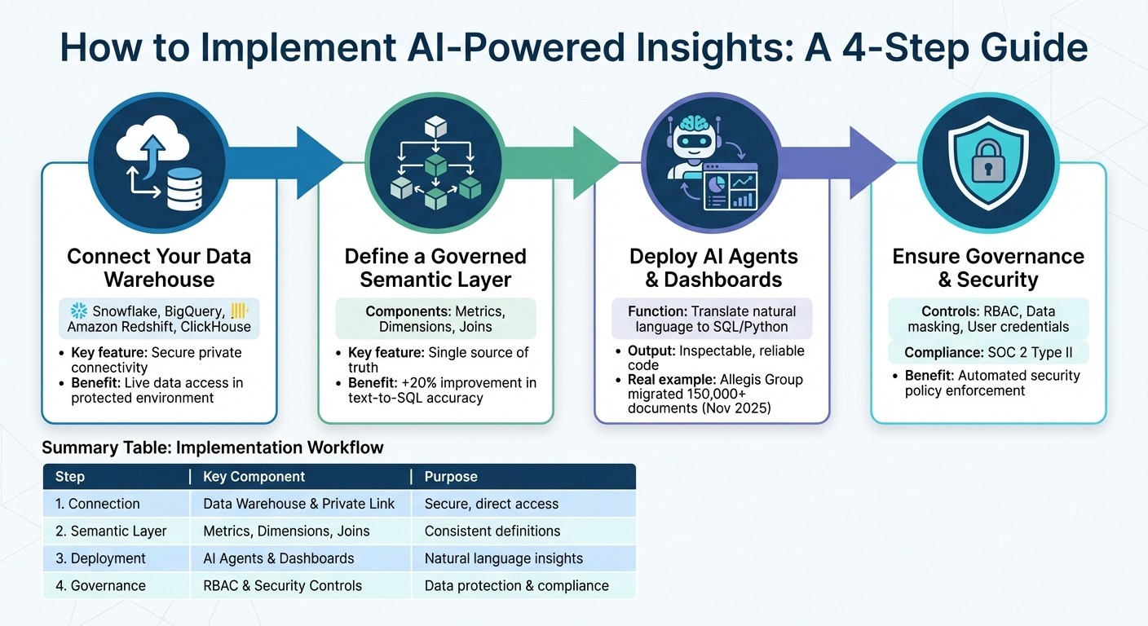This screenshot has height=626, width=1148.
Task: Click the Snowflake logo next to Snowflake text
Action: (x=79, y=311)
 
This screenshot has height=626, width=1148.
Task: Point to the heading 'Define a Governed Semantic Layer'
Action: (x=435, y=268)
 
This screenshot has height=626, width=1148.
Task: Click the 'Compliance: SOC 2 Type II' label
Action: (x=988, y=353)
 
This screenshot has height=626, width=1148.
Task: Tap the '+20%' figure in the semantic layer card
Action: (x=410, y=382)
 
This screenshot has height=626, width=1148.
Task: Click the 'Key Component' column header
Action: (x=254, y=477)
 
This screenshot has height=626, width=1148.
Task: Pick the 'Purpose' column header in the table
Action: (x=451, y=477)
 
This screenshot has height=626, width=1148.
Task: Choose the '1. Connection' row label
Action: (x=97, y=504)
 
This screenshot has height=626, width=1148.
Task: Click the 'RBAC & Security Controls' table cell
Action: (x=282, y=585)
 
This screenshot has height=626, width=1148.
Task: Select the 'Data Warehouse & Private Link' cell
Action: (x=298, y=504)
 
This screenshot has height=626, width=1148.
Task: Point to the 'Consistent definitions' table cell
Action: (x=492, y=531)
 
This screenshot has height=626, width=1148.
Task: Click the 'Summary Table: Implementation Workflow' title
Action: (x=212, y=447)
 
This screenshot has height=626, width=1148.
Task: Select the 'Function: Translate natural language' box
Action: (x=712, y=319)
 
